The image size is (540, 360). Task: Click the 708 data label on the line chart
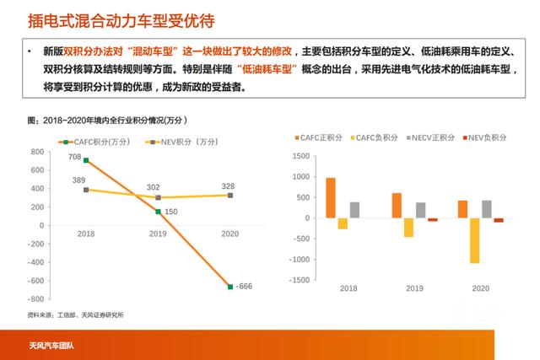[75, 157]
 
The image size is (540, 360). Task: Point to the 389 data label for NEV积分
[78, 181]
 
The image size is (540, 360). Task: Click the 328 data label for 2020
[228, 186]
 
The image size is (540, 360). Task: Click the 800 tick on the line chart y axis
[37, 152]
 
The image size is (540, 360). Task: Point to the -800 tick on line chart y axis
[35, 299]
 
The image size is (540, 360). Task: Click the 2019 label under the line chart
[157, 234]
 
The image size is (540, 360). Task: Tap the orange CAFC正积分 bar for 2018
[331, 197]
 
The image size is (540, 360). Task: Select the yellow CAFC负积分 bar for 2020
[474, 240]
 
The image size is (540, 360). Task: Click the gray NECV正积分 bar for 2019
[420, 210]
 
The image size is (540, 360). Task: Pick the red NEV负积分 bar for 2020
[499, 220]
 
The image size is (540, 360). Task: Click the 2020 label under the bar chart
[480, 289]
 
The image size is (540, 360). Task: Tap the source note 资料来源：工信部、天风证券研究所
[75, 315]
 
